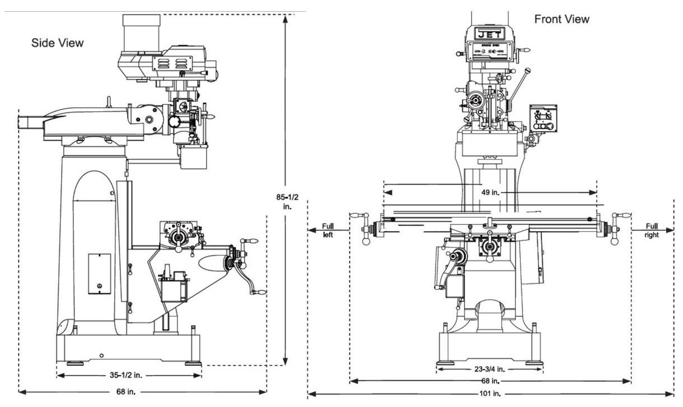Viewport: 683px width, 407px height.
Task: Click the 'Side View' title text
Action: pyautogui.click(x=57, y=43)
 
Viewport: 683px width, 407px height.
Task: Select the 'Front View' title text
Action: pyautogui.click(x=562, y=20)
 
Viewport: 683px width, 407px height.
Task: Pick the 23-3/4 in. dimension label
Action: pyautogui.click(x=489, y=369)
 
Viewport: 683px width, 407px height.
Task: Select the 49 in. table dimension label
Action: pyautogui.click(x=490, y=192)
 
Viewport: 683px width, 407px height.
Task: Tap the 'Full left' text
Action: pyautogui.click(x=328, y=231)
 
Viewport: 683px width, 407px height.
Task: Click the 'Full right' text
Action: pyautogui.click(x=652, y=231)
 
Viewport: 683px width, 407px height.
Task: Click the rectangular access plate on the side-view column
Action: pyautogui.click(x=99, y=274)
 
